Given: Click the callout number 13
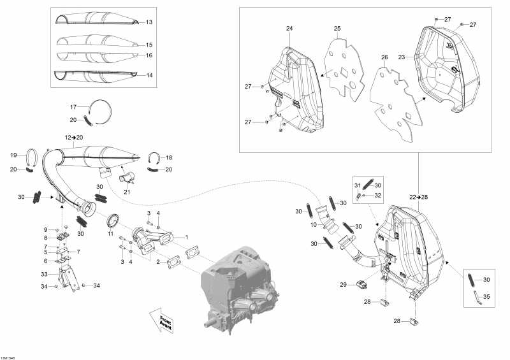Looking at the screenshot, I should point(149,22).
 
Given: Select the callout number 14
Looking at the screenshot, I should point(149,75).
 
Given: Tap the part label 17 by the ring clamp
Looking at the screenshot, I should point(73,107).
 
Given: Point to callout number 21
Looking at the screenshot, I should point(126,192).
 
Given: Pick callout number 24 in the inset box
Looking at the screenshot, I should point(289,29).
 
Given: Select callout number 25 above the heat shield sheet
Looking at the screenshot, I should point(337,29).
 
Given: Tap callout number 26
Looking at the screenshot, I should point(384,57).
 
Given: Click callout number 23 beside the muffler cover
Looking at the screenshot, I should point(402,57).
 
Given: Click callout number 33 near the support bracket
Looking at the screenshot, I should point(45,274).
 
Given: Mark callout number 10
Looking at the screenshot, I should point(313,225).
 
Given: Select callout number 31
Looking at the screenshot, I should point(357,185).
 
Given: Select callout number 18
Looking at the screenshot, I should point(169,157).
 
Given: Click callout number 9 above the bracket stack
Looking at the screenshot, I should point(45,229).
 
